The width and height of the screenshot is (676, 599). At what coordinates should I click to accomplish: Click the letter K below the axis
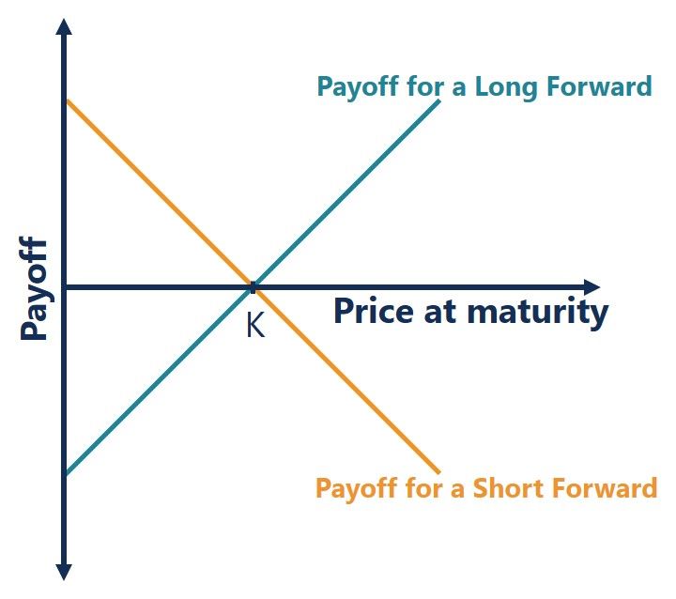pyautogui.click(x=255, y=325)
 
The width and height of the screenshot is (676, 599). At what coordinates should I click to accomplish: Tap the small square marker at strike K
pyautogui.click(x=253, y=287)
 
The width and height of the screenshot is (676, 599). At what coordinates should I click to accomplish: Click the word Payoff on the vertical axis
pyautogui.click(x=34, y=288)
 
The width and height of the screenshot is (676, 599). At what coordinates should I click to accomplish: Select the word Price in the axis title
pyautogui.click(x=375, y=311)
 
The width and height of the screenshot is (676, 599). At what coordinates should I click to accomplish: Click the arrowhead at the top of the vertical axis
pyautogui.click(x=64, y=27)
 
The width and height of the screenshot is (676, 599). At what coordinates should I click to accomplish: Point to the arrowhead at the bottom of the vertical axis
pyautogui.click(x=64, y=572)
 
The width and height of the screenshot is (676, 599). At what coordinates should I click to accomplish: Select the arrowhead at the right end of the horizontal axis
pyautogui.click(x=591, y=287)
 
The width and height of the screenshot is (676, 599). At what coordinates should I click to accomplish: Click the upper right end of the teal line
pyautogui.click(x=438, y=100)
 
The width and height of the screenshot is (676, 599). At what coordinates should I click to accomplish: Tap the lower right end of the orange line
pyautogui.click(x=438, y=472)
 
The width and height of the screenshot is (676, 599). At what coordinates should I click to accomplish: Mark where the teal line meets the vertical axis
pyautogui.click(x=67, y=473)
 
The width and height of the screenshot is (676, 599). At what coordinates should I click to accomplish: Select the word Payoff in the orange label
pyautogui.click(x=356, y=488)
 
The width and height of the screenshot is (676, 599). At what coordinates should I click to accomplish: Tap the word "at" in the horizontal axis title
pyautogui.click(x=440, y=313)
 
